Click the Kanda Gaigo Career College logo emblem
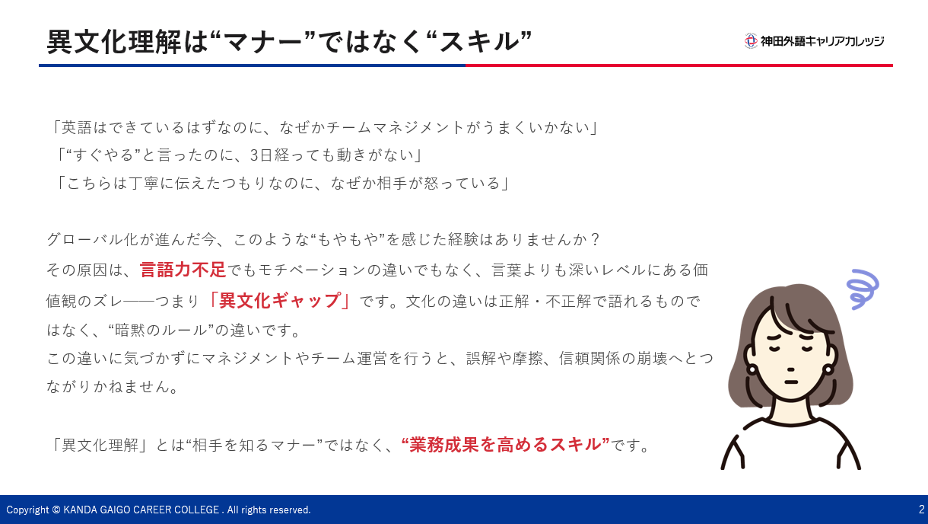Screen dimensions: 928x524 point(751,41)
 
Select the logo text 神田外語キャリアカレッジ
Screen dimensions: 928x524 point(822,41)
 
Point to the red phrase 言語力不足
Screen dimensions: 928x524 point(183,270)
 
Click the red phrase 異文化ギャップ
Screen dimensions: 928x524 point(279,300)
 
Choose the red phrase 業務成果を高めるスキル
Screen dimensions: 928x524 point(505,444)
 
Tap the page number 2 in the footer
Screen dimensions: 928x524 point(921,509)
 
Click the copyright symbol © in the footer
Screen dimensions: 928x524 point(56,510)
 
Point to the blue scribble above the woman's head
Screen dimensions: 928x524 point(863,289)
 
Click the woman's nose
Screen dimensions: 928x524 point(790,369)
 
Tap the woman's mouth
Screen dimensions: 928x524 point(791,382)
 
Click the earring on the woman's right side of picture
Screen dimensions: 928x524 point(828,369)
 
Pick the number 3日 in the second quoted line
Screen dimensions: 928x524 point(261,155)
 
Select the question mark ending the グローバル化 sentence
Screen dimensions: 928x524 point(595,239)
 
